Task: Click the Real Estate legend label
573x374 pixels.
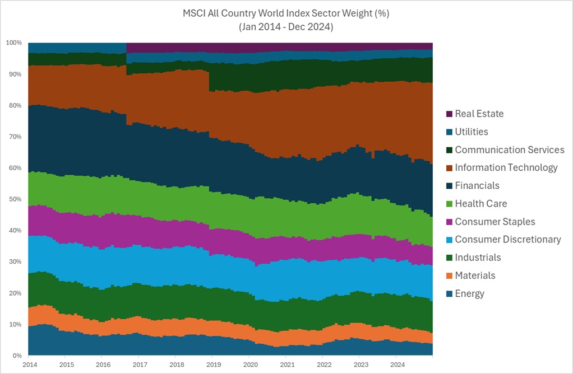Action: pyautogui.click(x=479, y=114)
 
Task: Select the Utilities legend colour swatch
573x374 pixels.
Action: pyautogui.click(x=449, y=132)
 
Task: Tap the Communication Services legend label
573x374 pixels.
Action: pyautogui.click(x=509, y=150)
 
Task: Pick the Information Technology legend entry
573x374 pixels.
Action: pyautogui.click(x=506, y=168)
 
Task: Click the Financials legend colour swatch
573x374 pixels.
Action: pyautogui.click(x=449, y=186)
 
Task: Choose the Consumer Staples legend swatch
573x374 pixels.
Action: pyautogui.click(x=449, y=222)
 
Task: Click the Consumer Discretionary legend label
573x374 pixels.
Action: pyautogui.click(x=507, y=240)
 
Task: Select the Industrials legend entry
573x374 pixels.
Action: pyautogui.click(x=478, y=258)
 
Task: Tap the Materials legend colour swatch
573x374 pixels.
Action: pyautogui.click(x=449, y=275)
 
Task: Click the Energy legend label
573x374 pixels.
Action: pyautogui.click(x=469, y=293)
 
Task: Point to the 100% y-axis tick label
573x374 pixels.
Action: pyautogui.click(x=14, y=43)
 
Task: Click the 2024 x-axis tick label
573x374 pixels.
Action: pyautogui.click(x=396, y=364)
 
